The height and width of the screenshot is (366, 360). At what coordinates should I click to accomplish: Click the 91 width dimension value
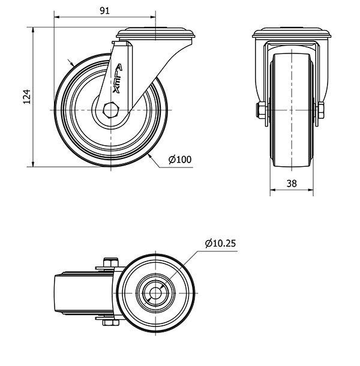[x=104, y=10]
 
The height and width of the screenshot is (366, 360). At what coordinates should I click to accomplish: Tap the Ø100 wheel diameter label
[x=179, y=160]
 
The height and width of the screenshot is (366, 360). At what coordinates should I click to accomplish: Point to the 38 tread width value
[x=292, y=184]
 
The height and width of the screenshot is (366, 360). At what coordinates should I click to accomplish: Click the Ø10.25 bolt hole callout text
[x=220, y=243]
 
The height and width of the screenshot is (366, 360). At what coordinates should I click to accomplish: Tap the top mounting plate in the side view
[x=155, y=34]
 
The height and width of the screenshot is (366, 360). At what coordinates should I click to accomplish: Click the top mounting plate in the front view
[x=292, y=34]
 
